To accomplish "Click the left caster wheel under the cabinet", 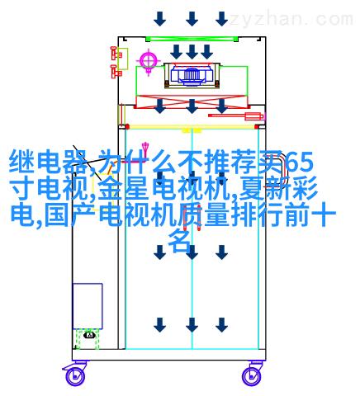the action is (75, 376).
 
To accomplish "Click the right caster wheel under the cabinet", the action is (252, 376).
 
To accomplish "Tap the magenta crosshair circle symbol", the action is (149, 60).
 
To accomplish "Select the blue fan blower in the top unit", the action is (192, 74).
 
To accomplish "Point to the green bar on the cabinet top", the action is (192, 39).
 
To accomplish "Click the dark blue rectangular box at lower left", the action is (88, 306).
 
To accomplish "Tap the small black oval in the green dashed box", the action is (89, 335).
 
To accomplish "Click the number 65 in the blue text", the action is (298, 163).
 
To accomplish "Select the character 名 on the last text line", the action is (180, 242).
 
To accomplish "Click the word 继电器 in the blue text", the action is (48, 162).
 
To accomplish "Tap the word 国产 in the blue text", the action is (71, 214).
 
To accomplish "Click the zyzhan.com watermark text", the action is (291, 19).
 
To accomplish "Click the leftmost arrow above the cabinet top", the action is (160, 19).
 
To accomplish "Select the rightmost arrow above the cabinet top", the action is (222, 19).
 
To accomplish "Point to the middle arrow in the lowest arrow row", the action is (192, 325).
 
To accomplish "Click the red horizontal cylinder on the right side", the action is (235, 115).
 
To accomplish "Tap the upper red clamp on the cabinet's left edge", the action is (116, 53).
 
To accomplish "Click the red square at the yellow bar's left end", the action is (127, 127).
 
